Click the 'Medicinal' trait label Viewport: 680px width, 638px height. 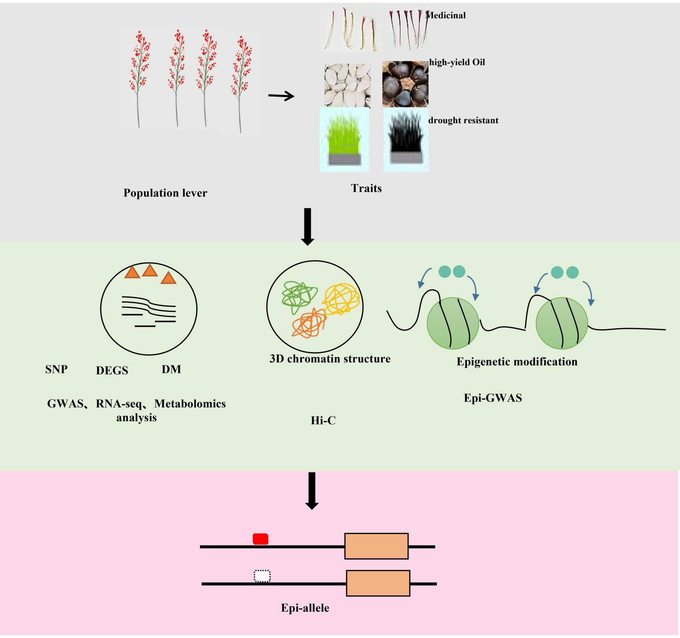tap(445, 15)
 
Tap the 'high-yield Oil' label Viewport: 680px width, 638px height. tap(457, 62)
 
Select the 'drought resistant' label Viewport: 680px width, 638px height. tap(463, 120)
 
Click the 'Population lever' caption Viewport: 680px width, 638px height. tap(165, 193)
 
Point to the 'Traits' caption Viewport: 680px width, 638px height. tap(366, 188)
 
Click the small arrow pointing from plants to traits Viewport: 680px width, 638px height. tap(281, 96)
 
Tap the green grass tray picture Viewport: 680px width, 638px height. tap(344, 139)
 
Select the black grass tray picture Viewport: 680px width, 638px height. tap(406, 139)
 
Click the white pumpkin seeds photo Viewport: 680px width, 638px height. tap(347, 85)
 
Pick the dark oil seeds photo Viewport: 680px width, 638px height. tap(405, 84)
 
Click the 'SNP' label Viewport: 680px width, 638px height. tap(56, 369)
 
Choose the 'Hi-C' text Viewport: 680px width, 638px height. tap(323, 420)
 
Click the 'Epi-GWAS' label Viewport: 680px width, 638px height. tap(493, 398)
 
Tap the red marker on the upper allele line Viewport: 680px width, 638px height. tap(260, 539)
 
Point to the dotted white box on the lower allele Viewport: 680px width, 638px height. tap(262, 576)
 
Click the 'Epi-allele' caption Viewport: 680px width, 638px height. tap(305, 608)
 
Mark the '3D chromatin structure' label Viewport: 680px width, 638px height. tap(330, 358)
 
